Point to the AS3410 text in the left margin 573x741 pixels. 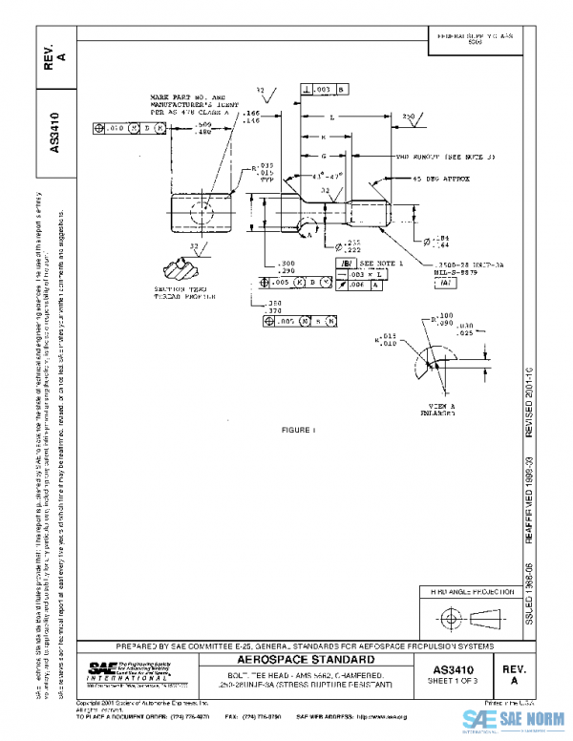coord(54,135)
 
